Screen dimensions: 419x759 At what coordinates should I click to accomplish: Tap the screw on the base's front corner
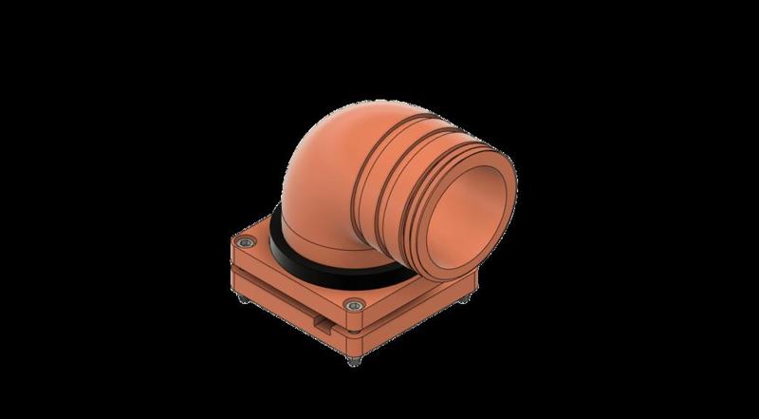355,306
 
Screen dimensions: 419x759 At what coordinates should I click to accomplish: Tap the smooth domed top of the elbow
332,143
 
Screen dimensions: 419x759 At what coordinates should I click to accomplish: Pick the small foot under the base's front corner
356,362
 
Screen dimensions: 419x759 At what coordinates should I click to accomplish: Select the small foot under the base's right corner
467,301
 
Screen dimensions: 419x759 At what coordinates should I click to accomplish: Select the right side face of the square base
417,314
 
